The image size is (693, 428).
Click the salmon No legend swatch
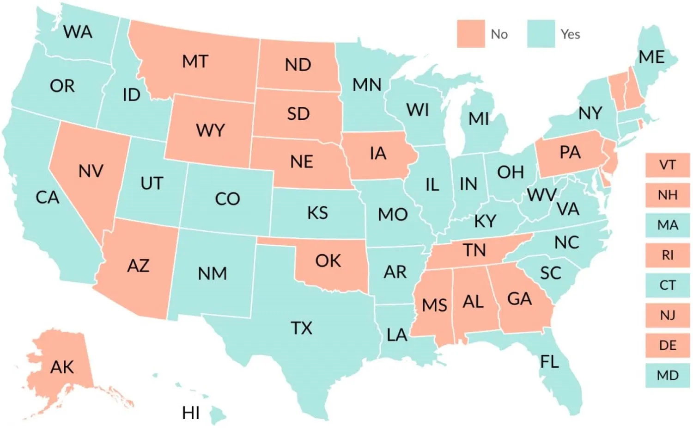point(471,34)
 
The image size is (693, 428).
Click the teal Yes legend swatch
point(541,34)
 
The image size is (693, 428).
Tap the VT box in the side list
point(667,165)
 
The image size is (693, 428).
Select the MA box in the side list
point(667,225)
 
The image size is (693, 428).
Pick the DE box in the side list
point(667,345)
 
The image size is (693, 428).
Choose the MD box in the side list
point(667,375)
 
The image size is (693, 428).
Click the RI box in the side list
point(667,255)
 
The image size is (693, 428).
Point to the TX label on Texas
point(301,328)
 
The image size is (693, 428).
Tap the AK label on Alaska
point(62,367)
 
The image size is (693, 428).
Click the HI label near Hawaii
point(191,413)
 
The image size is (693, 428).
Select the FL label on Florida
point(549,361)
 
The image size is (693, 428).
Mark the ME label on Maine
point(651,57)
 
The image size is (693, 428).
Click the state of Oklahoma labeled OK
point(328,261)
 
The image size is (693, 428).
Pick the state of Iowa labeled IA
point(378,154)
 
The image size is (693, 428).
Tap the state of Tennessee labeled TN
point(474,250)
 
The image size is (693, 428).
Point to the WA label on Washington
point(78,32)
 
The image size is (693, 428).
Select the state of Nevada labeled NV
point(91,172)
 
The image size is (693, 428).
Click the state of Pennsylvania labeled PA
point(570,152)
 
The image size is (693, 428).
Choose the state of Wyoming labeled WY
point(210,130)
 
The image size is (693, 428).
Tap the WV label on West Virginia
point(541,195)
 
